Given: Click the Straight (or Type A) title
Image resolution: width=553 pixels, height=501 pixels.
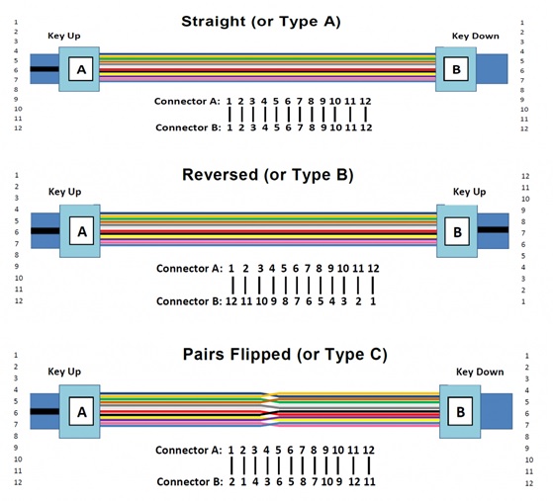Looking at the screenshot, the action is (x=261, y=22).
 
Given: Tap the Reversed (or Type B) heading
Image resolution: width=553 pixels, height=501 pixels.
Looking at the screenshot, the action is (x=268, y=175).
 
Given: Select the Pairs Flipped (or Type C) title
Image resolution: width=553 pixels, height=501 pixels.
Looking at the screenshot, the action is (x=285, y=355).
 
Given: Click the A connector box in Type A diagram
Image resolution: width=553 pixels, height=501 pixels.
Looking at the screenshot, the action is (x=81, y=69).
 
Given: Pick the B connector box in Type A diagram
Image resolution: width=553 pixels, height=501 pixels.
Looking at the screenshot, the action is (x=456, y=69).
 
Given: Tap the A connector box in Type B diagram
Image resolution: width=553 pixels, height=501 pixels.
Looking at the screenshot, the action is (x=81, y=231).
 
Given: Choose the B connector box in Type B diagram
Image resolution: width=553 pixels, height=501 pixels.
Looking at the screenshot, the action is (x=457, y=231).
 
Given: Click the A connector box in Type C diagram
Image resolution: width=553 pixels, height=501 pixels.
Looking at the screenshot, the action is (x=81, y=411).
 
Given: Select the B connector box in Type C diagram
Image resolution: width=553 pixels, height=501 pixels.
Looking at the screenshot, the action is (x=460, y=411).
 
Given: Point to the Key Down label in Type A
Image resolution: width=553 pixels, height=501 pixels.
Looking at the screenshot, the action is (x=476, y=36).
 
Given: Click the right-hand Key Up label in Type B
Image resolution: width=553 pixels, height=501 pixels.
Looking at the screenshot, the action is (x=470, y=192).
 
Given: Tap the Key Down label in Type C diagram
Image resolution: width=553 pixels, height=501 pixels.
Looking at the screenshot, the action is (x=480, y=373).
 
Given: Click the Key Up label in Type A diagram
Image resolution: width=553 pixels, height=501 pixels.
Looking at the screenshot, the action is (x=64, y=36).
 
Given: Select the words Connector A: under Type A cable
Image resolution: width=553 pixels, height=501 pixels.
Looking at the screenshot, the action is (x=187, y=102).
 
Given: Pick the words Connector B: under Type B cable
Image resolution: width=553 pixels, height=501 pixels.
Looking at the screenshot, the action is (x=189, y=301).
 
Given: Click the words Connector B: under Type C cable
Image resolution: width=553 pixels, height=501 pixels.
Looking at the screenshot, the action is (x=189, y=481).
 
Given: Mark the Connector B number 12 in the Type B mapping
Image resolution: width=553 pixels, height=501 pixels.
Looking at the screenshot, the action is (x=231, y=301).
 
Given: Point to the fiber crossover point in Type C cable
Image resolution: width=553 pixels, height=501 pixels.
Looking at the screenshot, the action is (x=270, y=410).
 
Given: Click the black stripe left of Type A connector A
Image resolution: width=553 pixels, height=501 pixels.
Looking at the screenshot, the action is (x=45, y=69).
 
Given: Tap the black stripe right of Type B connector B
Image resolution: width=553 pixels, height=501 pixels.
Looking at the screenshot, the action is (x=493, y=229).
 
